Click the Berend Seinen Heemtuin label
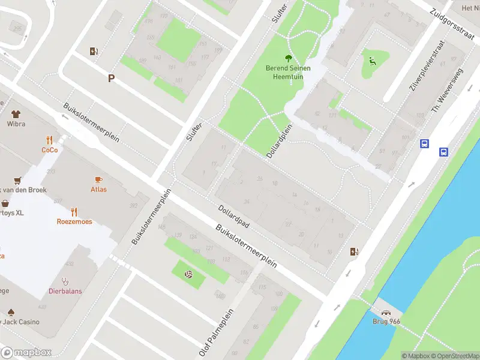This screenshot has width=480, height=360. click(x=288, y=72)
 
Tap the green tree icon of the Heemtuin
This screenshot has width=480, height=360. click(x=289, y=58)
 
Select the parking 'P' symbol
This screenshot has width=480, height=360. click(x=111, y=78)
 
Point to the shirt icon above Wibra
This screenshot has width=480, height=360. click(x=16, y=114)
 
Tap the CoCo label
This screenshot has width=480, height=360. click(x=50, y=150)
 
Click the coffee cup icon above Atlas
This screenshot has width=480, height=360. click(x=98, y=179)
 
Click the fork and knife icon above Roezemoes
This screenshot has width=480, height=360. click(x=74, y=211)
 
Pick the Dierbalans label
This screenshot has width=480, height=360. click(x=65, y=292)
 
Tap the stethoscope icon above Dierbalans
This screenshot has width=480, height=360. click(x=65, y=281)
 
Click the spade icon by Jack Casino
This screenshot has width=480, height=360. click(x=11, y=312)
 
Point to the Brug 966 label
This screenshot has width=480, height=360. click(x=387, y=322)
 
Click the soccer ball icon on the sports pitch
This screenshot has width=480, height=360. click(x=188, y=274)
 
